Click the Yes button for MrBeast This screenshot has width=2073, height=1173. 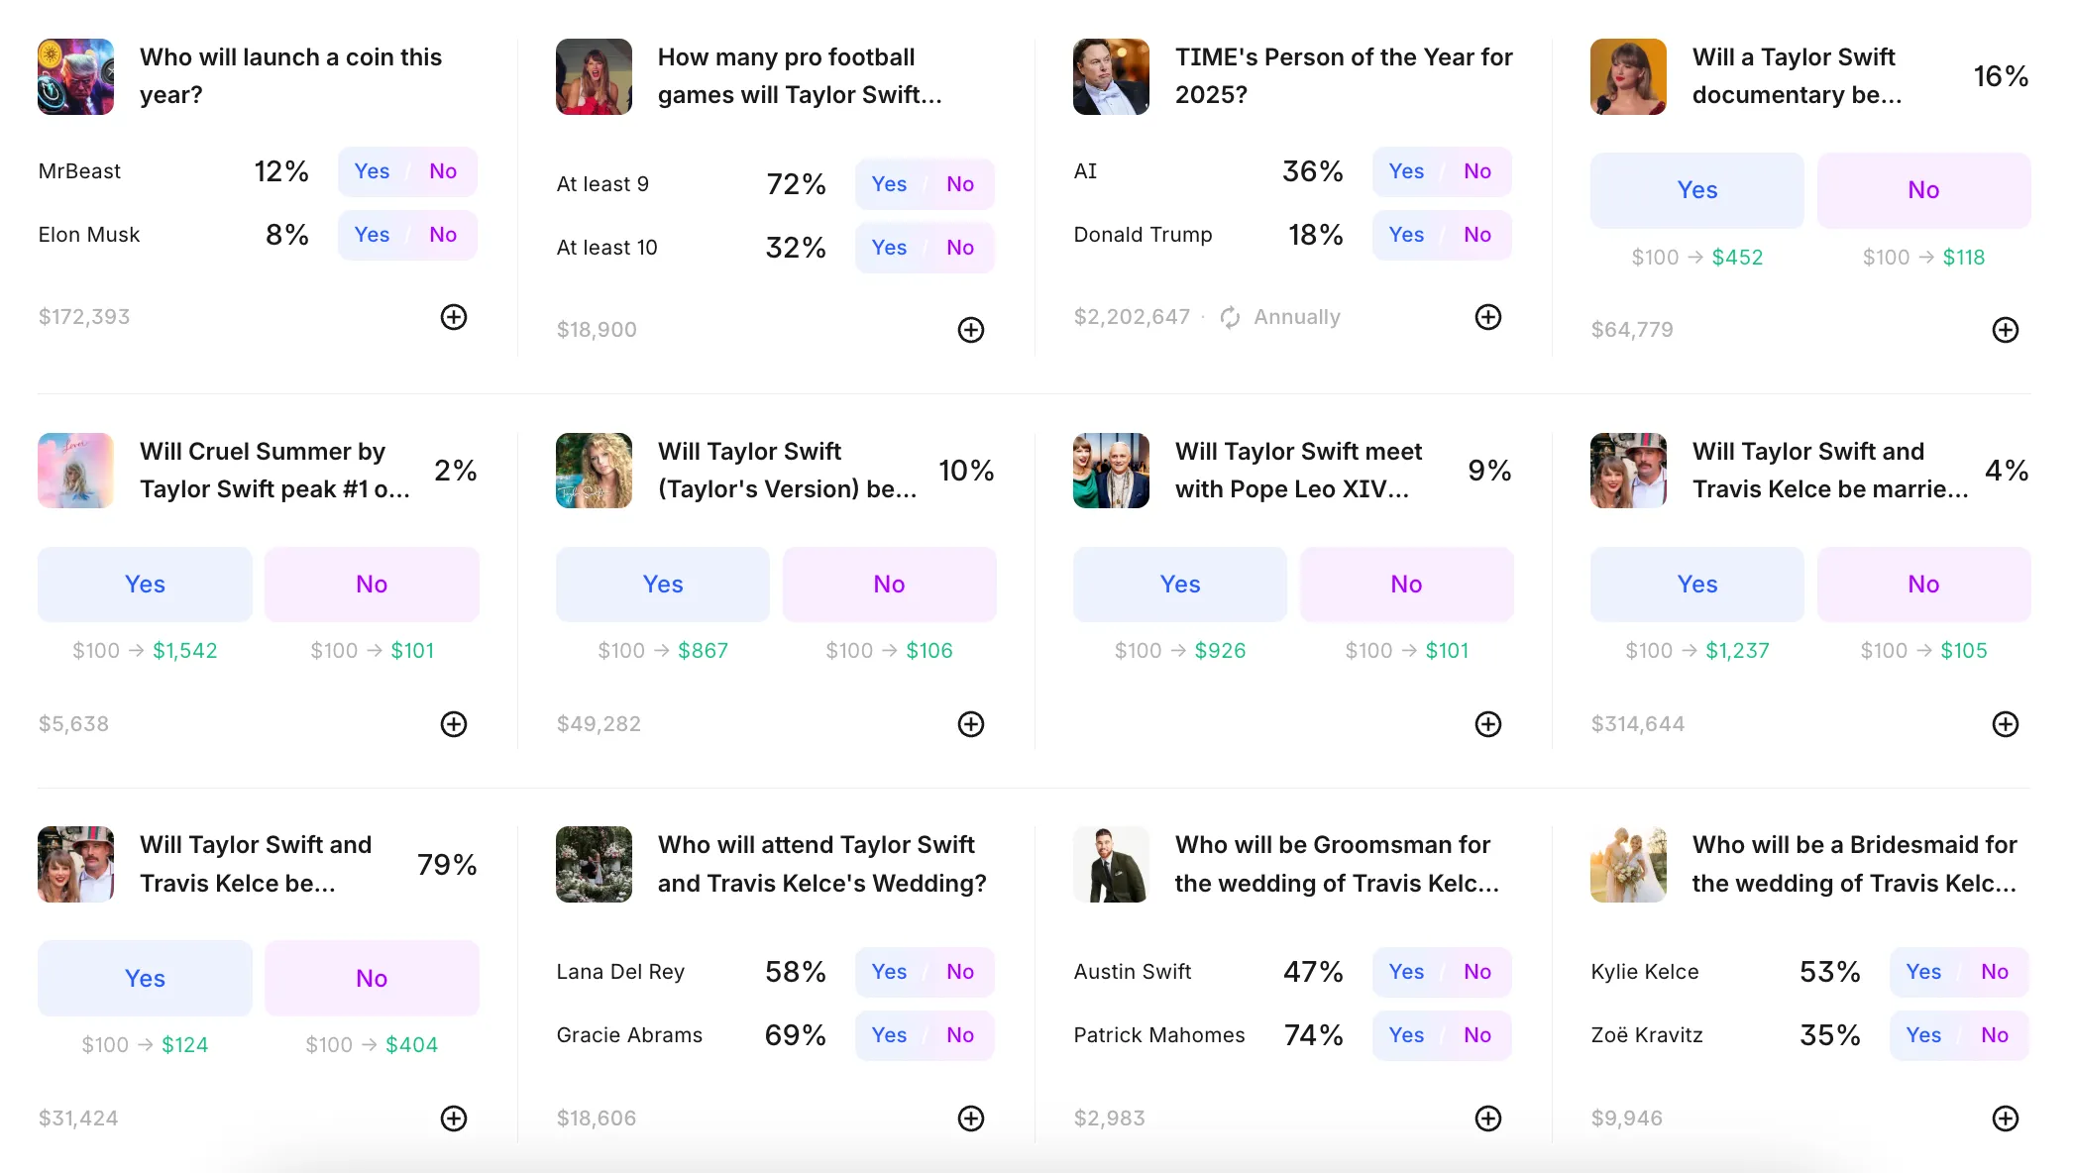372,171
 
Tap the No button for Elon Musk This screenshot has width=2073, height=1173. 443,235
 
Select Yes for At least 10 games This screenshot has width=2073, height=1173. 889,248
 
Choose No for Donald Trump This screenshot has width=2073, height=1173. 1477,235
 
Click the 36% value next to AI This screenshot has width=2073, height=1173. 1312,171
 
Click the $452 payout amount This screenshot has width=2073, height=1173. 1737,258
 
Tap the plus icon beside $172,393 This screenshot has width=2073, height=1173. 454,317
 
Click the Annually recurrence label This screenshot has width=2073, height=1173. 1296,317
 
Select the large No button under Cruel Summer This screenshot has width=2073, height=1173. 372,585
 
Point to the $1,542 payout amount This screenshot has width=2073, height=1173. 184,651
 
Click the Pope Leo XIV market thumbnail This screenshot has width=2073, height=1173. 1111,471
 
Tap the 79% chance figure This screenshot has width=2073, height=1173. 447,865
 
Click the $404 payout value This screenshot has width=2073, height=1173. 411,1045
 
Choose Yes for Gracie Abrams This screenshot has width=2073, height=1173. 889,1035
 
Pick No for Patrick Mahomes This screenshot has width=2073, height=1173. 1477,1035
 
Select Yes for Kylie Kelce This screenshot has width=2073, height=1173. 1923,972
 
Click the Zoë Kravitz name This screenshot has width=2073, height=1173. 1647,1035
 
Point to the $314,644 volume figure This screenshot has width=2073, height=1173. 1637,724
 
